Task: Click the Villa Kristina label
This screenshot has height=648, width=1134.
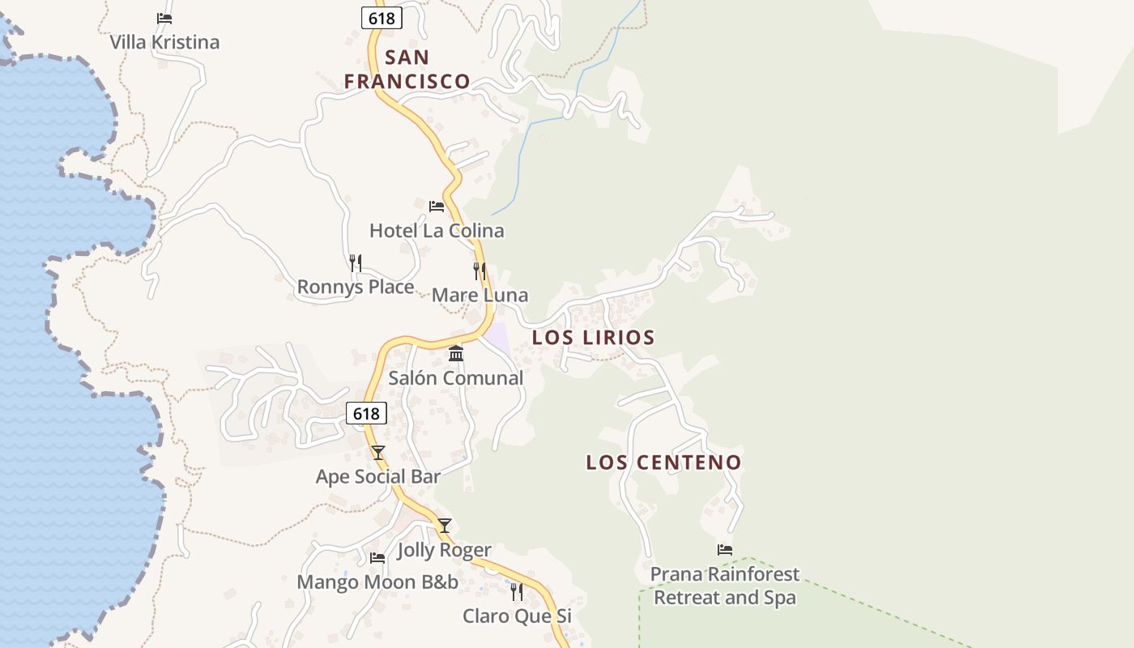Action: pos(164,42)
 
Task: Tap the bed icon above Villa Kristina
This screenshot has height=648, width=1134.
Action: pos(164,18)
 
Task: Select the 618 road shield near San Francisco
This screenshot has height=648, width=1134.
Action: pos(382,18)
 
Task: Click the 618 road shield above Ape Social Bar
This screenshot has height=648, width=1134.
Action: pos(366,413)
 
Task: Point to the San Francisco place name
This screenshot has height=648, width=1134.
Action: pos(407,69)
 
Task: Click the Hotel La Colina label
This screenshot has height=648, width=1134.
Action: pos(437,231)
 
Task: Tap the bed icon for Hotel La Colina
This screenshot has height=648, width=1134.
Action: pos(437,206)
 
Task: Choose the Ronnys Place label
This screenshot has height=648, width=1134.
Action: pos(356,287)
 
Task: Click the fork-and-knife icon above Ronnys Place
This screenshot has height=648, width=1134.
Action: pos(355,262)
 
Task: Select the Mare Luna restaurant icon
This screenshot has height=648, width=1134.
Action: pos(480,271)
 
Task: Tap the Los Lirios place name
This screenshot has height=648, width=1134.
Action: pos(594,337)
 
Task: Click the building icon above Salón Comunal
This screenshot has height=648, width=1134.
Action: pos(456,353)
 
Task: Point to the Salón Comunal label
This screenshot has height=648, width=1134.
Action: pos(456,378)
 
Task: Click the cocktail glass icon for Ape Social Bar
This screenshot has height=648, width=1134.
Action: pos(377,452)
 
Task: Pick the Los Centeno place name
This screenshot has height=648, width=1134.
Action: pos(664,463)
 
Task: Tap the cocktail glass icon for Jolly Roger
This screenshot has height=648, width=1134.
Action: pos(445,526)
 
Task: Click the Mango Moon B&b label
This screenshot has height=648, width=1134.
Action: pos(377,582)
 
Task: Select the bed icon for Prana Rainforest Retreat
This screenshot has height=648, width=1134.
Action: pos(725,550)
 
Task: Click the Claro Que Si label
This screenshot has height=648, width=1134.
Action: pos(517,616)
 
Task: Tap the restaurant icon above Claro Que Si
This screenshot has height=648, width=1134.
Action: pos(517,592)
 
